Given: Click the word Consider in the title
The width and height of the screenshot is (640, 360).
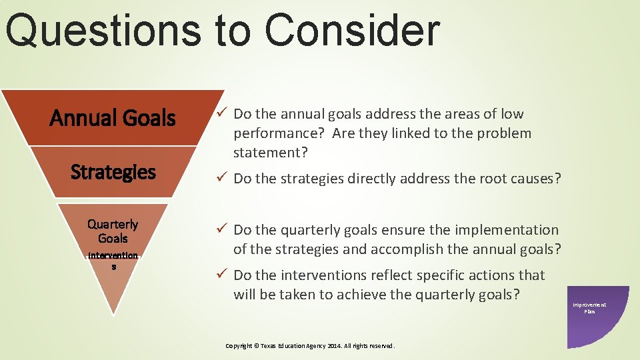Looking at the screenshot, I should [x=352, y=31].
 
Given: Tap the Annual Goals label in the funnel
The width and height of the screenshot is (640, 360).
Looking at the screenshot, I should [x=113, y=118].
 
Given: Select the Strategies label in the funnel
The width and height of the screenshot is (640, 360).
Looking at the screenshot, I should [x=113, y=172].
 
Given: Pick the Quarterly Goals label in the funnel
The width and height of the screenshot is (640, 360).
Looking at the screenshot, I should [x=113, y=231].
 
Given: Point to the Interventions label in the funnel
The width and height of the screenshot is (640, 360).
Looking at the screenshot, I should [x=113, y=260].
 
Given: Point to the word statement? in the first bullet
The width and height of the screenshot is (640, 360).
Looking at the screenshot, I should [x=270, y=153].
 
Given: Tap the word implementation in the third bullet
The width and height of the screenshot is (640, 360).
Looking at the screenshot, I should [x=507, y=230].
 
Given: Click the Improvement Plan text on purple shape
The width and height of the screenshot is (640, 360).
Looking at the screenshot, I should [x=589, y=308].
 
